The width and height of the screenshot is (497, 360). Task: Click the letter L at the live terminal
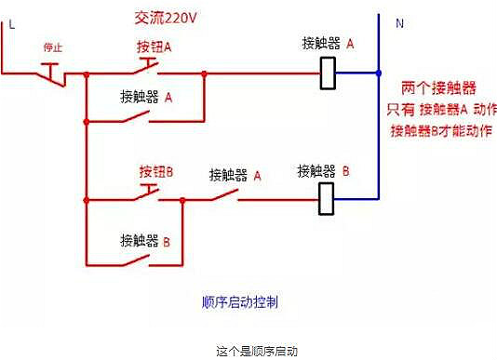point(11,25)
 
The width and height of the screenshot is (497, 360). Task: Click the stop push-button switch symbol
point(53,71)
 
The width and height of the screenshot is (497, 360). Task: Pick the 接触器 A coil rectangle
point(328,73)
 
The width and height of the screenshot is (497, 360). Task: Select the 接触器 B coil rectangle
point(328,197)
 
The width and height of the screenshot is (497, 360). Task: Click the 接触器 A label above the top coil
point(329,44)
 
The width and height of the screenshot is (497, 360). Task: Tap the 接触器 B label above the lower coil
point(323,171)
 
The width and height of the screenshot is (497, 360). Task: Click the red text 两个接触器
point(438,88)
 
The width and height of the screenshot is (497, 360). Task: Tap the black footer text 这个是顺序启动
point(248,351)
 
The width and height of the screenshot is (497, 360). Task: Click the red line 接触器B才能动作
point(440,130)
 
